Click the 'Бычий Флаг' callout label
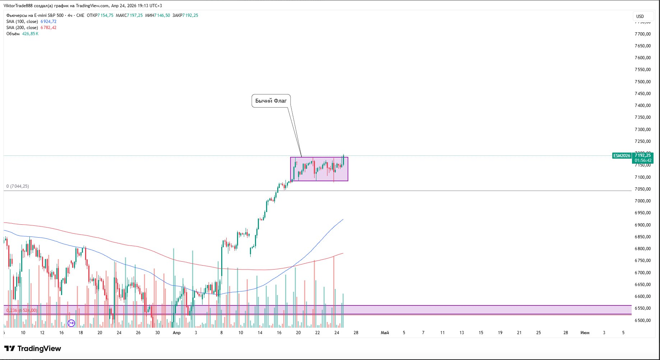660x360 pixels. coord(271,101)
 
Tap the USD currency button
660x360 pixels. coord(640,16)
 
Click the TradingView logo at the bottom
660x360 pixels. coord(33,349)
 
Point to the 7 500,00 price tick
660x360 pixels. coord(642,81)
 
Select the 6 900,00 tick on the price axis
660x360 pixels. coord(642,225)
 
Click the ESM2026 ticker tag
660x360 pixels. coord(622,156)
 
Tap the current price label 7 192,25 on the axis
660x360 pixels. coord(642,155)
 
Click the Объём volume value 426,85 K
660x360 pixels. coord(30,34)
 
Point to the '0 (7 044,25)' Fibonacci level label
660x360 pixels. coord(18,186)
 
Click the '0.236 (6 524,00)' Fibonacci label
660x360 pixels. coord(22,310)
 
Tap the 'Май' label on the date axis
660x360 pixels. coord(385,333)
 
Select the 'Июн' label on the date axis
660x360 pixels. coord(585,333)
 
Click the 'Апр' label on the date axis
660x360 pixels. coord(177,333)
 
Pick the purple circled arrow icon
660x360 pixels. coord(71,323)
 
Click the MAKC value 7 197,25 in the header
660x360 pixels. coord(135,15)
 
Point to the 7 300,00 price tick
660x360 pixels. coord(642,129)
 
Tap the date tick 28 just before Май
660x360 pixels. coord(356,333)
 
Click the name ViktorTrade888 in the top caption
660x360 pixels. coord(18,6)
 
